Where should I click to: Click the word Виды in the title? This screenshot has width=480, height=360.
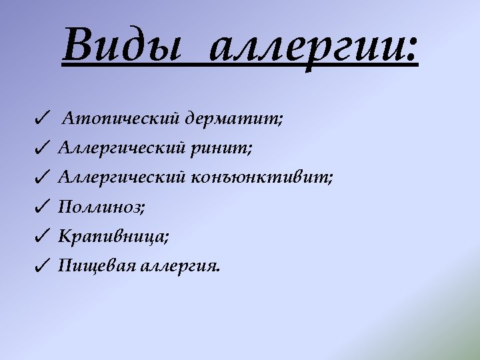click(122, 44)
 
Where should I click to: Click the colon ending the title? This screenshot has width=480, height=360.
click(411, 49)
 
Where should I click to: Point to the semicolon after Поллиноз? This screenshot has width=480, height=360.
click(141, 209)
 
